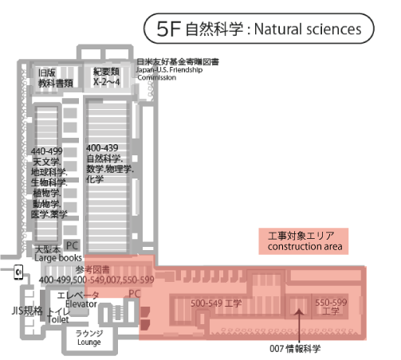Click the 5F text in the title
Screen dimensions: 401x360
coord(169,29)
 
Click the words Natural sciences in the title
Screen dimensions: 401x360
coord(308,29)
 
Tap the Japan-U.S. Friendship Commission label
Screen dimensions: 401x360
coord(170,73)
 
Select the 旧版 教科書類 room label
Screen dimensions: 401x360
coord(56,78)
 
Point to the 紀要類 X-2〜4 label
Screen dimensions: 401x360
coord(106,76)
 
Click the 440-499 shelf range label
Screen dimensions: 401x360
coord(47,151)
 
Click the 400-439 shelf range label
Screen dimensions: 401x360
coord(102,148)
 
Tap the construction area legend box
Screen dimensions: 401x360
coord(304,241)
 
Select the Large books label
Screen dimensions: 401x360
coord(58,258)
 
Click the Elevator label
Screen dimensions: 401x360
coord(81,304)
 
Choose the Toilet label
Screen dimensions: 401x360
coord(58,319)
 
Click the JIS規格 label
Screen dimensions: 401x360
coord(27,311)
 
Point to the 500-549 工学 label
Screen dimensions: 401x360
coord(216,303)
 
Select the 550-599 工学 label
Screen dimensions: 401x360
coord(331,307)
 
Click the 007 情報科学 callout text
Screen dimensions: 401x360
coord(295,348)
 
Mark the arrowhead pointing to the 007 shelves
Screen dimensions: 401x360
coord(299,311)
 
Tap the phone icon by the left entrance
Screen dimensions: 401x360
coord(18,272)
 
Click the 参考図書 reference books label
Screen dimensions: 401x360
coord(92,270)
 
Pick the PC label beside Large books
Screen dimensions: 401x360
coord(72,245)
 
